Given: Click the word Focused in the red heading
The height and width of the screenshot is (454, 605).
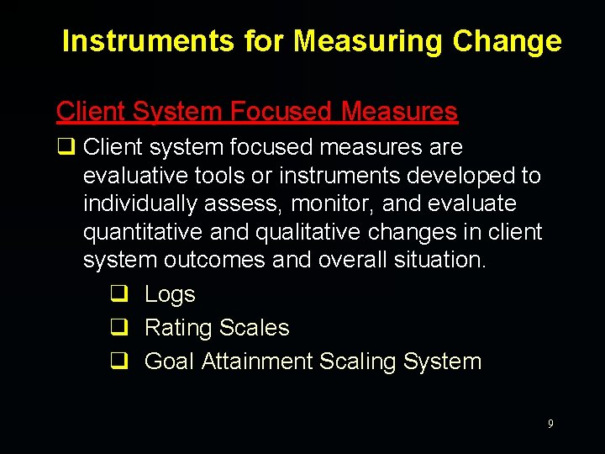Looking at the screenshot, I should click(281, 111).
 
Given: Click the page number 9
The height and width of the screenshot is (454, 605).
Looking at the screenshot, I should click(550, 424).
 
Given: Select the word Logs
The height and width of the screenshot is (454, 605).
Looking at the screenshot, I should click(170, 294).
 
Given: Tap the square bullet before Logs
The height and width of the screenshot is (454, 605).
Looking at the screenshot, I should click(118, 294).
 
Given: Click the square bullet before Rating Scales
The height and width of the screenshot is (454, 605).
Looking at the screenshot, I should click(118, 328).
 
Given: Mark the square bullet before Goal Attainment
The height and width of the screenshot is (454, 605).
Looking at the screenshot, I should click(118, 362).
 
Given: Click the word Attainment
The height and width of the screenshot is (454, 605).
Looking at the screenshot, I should click(256, 362).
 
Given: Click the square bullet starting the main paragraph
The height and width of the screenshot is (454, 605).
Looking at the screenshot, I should click(64, 148).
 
